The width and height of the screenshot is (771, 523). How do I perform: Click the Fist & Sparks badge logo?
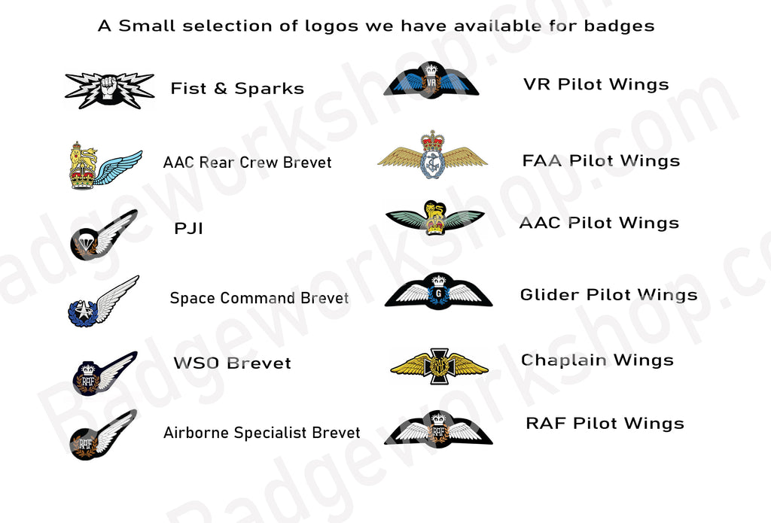[x=109, y=90]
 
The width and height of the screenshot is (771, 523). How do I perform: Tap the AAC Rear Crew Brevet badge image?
[x=105, y=166]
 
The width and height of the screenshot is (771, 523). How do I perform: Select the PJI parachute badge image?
[x=103, y=235]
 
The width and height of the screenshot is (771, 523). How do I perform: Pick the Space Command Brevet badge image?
[x=103, y=301]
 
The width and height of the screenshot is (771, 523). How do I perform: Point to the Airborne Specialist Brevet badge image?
[x=103, y=435]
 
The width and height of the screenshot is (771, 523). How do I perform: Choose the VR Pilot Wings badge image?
[x=431, y=79]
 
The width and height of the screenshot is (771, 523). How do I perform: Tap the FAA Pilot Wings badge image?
[x=432, y=154]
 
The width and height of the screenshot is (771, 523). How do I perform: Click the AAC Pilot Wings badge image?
[x=434, y=217]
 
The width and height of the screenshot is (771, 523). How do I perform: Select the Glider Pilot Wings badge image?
[x=438, y=291]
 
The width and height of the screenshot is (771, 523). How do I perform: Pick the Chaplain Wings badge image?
[x=439, y=366]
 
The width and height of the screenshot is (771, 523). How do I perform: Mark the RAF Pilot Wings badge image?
[x=438, y=429]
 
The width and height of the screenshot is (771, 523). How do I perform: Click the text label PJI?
[x=189, y=229]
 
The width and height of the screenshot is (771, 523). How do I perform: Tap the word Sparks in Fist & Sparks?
[x=269, y=89]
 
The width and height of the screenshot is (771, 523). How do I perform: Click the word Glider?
[x=549, y=294]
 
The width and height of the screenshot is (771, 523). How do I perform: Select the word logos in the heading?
[x=331, y=26]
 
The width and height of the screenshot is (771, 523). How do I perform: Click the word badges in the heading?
[x=619, y=26]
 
